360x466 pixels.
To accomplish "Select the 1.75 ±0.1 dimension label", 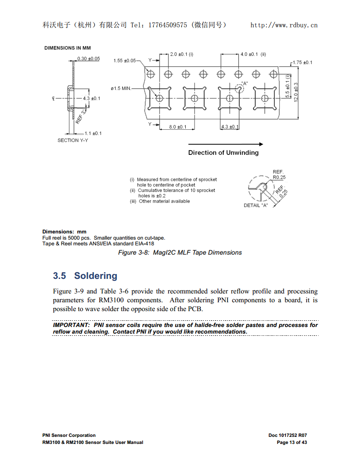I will [302, 63].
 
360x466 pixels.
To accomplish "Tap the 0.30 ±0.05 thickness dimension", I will [88, 59].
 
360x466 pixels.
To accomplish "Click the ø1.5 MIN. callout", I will [121, 88].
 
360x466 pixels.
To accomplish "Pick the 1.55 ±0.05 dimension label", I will [125, 60].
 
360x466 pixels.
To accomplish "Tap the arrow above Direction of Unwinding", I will [225, 144].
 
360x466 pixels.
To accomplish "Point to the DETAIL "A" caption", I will [256, 206].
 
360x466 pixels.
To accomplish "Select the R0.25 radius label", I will [279, 177].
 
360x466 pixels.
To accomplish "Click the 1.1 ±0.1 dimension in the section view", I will [93, 133].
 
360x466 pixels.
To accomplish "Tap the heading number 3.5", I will [60, 276].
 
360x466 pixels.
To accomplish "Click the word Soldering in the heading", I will [96, 276].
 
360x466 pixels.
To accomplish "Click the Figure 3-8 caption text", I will [180, 252].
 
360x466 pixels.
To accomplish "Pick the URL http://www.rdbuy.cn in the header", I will [284, 25].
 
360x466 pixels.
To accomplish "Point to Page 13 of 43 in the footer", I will [292, 442].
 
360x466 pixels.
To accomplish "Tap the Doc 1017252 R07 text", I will [287, 435].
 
